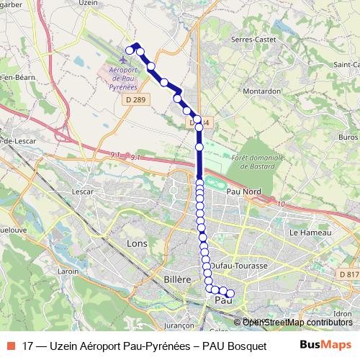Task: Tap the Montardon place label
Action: coord(261,91)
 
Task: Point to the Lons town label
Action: coord(136,243)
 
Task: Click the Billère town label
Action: coord(176,279)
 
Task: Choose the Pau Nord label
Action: coord(243,192)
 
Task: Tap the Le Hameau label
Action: coord(309,233)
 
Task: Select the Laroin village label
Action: coord(68,271)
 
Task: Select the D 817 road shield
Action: coord(348,274)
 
